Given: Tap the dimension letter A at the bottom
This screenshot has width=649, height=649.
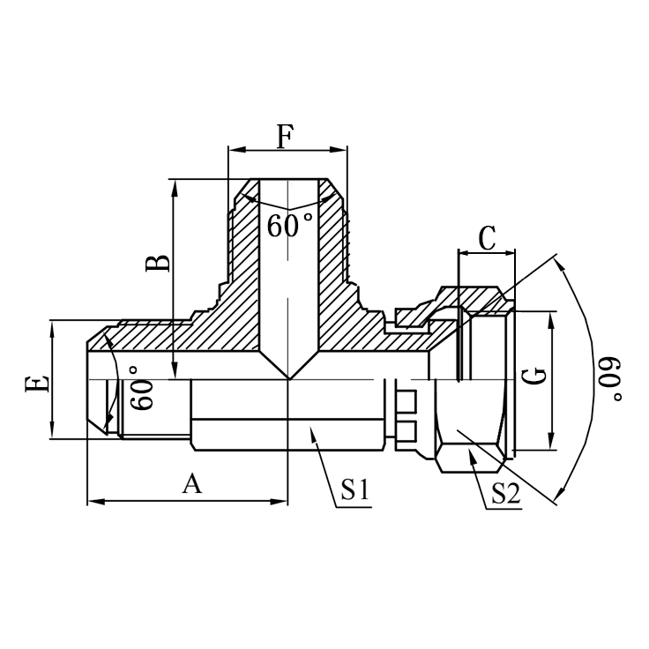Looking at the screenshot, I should point(190,483).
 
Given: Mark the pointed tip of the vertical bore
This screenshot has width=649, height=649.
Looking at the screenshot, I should point(288,378).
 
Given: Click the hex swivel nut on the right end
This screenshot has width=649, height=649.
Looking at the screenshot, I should point(481,379).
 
